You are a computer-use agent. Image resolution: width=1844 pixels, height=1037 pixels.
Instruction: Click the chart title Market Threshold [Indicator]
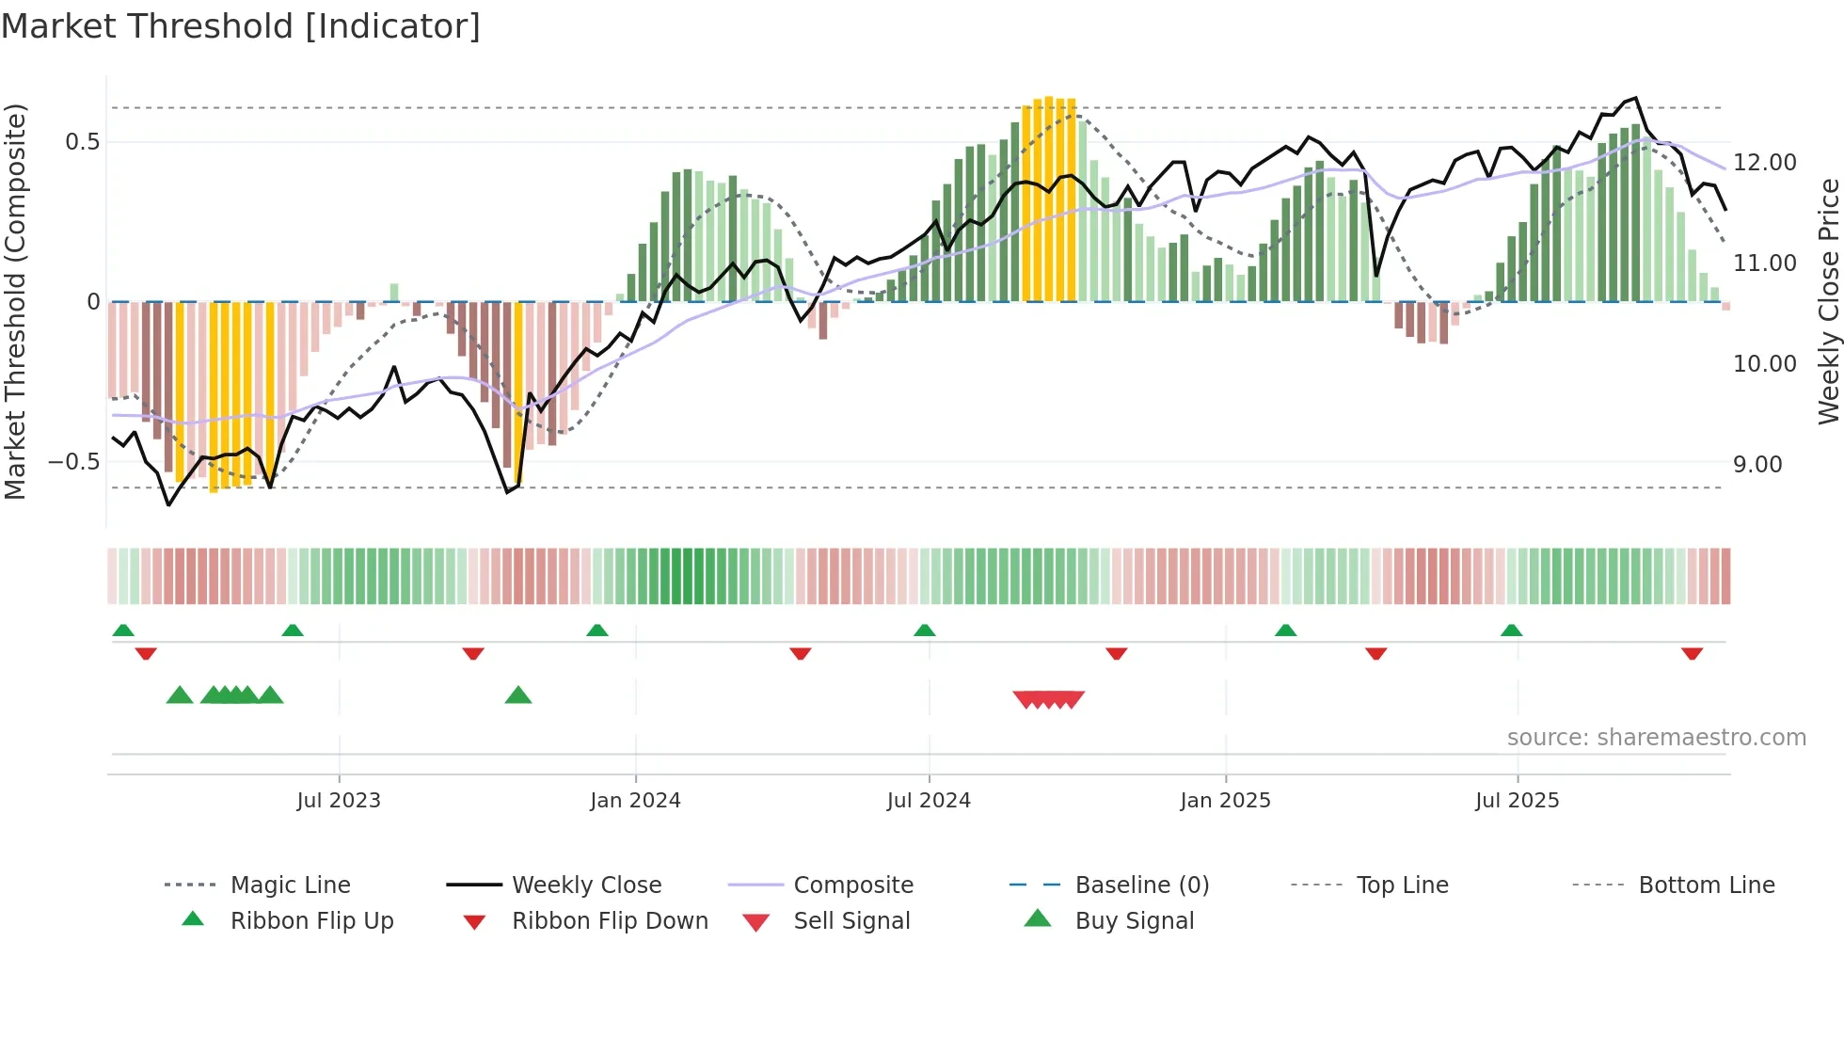[x=241, y=26]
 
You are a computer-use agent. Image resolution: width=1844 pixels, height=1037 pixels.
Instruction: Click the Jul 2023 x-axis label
[x=339, y=800]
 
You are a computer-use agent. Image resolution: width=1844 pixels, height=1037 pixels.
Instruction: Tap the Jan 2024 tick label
[x=635, y=800]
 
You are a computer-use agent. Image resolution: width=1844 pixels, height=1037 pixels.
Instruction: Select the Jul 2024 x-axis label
[x=929, y=800]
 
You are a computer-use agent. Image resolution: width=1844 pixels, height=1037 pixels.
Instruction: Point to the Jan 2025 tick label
[x=1225, y=800]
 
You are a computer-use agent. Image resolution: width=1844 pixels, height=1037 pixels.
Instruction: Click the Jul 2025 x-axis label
[x=1517, y=800]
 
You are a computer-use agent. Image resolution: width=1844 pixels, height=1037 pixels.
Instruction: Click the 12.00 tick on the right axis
[x=1765, y=163]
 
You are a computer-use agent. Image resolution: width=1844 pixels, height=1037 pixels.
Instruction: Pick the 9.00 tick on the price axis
[x=1757, y=465]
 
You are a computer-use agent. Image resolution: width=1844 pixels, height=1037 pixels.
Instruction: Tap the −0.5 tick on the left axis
[x=73, y=462]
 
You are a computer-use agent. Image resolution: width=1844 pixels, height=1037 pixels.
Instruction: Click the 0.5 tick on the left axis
[x=82, y=142]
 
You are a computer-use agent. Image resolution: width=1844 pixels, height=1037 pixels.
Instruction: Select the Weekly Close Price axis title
[x=1828, y=301]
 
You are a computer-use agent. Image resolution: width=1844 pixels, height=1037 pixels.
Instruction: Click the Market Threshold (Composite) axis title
[x=15, y=301]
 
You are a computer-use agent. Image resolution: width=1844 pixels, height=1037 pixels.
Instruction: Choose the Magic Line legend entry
[x=290, y=885]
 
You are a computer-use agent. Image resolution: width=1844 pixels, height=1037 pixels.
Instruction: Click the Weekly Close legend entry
[x=586, y=885]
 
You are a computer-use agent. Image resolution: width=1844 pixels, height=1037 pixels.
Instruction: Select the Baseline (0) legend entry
[x=1141, y=885]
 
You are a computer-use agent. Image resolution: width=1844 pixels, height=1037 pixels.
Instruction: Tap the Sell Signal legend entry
[x=851, y=920]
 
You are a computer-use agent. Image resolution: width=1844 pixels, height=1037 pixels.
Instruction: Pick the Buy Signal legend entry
[x=1134, y=920]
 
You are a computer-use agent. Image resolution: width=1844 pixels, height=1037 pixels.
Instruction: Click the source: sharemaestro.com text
[x=1656, y=737]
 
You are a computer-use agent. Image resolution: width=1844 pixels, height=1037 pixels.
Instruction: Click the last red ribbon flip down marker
[x=1692, y=653]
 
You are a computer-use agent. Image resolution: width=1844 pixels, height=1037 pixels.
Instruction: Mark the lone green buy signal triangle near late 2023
[x=518, y=695]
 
